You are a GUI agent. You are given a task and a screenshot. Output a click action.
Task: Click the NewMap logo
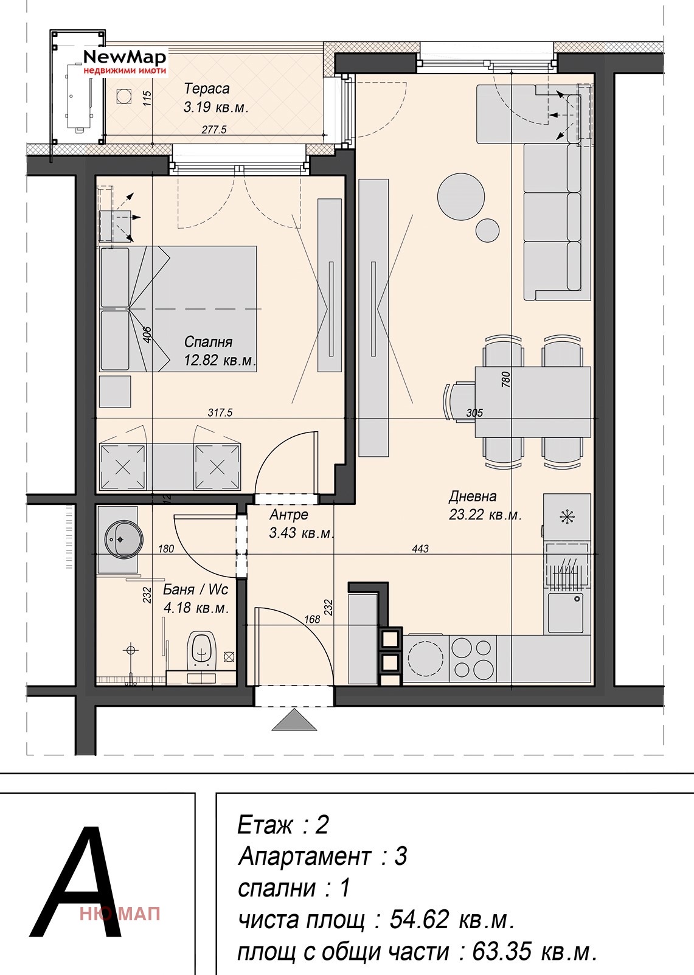[x=125, y=62]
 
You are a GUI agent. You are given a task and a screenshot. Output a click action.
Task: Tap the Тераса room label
[x=206, y=88]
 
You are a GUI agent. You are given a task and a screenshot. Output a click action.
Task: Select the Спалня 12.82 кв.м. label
[x=220, y=351]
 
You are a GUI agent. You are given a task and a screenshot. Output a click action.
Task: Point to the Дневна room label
[x=473, y=496]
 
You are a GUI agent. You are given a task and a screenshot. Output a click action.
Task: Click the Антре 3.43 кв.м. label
[x=301, y=523]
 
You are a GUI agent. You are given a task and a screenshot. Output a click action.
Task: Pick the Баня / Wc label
[x=195, y=589]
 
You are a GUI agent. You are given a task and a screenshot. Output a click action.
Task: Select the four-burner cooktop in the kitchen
[x=472, y=658]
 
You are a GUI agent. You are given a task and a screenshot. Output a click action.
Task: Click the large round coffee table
[x=460, y=196]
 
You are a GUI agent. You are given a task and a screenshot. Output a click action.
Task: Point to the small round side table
[x=487, y=231]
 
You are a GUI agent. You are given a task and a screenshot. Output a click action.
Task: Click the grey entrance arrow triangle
[x=294, y=720]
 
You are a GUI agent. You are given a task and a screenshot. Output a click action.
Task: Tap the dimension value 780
[x=505, y=380]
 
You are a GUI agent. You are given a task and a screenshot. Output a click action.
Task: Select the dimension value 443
[x=420, y=549]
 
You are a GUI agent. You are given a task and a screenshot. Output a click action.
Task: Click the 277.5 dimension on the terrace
[x=214, y=130]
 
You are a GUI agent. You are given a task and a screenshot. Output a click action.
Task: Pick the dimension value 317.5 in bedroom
[x=220, y=412]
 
